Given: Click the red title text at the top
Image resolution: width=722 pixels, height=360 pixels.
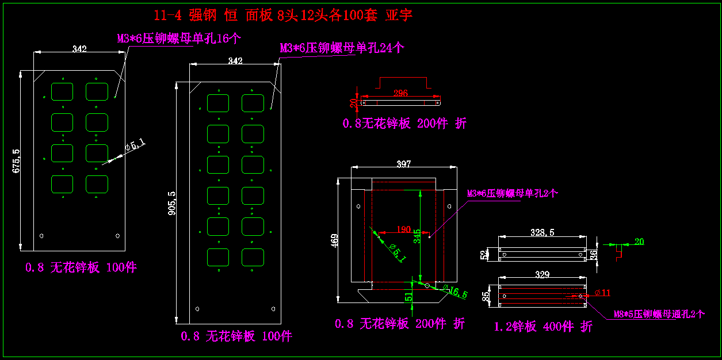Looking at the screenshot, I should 283,16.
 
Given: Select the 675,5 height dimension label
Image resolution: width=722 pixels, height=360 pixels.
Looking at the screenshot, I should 16,161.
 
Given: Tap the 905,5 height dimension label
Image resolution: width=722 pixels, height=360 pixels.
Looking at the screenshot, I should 171,204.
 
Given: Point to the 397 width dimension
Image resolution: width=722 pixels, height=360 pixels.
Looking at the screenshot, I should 404,164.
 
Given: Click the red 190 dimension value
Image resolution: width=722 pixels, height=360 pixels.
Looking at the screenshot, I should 403,230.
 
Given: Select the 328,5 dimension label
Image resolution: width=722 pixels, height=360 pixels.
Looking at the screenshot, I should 542,233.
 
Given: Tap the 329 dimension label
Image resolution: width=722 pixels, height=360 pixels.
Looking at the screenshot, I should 542,275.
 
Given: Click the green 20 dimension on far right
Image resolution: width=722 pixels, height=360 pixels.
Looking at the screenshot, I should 639,242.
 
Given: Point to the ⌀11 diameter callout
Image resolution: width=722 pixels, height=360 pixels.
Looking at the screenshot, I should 602,293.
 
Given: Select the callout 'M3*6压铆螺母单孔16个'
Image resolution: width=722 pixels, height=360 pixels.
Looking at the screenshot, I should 179,39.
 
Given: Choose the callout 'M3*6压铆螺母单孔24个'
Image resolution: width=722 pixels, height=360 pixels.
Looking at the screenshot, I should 342,48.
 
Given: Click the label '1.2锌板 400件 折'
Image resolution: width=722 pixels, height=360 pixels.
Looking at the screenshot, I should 543,327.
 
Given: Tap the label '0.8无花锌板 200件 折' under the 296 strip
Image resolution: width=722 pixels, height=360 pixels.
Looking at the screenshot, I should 404,123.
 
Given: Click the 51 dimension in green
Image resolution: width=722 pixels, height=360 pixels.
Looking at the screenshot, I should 408,297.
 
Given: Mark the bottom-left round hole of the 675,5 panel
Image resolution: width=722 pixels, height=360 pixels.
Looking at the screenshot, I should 41,236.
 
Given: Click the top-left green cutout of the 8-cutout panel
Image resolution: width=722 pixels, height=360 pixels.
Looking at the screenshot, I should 62,91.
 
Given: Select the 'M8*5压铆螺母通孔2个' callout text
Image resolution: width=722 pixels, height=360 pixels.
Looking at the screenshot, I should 658,314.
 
